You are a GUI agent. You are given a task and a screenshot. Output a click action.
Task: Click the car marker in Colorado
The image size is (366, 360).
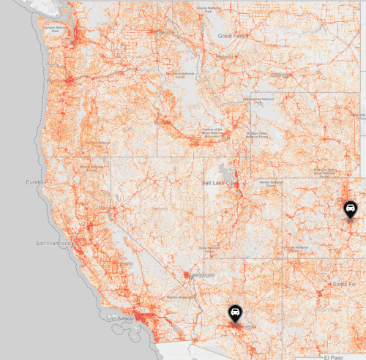tap(351, 210)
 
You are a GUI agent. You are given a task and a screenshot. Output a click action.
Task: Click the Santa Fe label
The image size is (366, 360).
tap(343, 283)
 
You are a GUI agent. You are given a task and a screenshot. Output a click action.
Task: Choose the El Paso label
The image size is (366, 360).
tap(335, 357)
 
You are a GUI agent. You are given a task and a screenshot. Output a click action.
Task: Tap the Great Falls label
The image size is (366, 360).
tap(232, 34)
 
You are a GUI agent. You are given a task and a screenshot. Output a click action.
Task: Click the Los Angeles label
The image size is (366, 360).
tap(122, 319)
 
